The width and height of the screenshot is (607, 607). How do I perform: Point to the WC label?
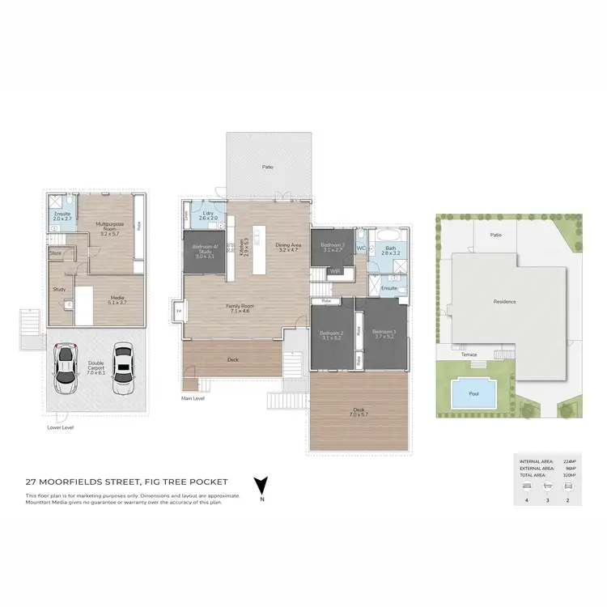click(361, 248)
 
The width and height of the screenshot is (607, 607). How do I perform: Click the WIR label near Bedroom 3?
click(335, 272)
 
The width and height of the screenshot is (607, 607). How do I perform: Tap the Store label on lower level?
click(56, 253)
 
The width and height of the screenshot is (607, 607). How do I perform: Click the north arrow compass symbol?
click(261, 486)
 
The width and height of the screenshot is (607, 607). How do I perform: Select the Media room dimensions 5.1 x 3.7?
click(117, 303)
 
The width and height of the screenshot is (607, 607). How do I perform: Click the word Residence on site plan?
click(504, 301)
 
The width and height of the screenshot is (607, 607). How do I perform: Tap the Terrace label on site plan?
click(469, 354)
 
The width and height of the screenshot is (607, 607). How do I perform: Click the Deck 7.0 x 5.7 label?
click(358, 411)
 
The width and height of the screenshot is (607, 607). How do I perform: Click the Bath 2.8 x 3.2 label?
click(390, 251)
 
